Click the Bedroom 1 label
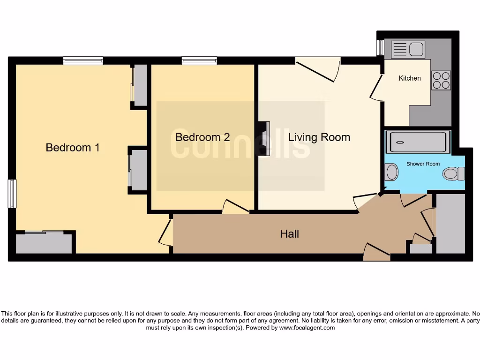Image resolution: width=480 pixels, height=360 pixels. (x=73, y=148)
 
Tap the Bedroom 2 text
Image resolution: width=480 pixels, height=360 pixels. (x=202, y=137)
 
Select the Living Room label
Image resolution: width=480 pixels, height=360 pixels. (x=319, y=137)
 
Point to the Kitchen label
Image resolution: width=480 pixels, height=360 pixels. (x=410, y=78)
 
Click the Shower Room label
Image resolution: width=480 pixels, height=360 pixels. (x=423, y=164)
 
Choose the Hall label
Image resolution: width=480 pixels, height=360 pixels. (x=289, y=233)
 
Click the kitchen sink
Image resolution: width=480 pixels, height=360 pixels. (x=408, y=49)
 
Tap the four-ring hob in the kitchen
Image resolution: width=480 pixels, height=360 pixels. (x=441, y=80)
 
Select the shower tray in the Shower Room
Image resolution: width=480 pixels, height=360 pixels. (x=418, y=142)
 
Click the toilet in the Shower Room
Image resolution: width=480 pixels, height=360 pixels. (x=453, y=174)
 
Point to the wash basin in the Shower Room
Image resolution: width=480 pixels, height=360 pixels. (x=391, y=172)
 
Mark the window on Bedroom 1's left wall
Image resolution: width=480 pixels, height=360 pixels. (x=12, y=193)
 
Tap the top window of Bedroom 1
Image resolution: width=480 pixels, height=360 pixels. (x=83, y=60)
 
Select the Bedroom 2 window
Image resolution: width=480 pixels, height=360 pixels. (x=199, y=60)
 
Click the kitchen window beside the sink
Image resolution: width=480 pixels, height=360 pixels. (x=380, y=47)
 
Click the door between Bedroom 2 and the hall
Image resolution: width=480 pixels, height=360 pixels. (x=236, y=207)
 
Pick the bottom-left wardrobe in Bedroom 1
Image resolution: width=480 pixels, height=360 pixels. (x=44, y=243)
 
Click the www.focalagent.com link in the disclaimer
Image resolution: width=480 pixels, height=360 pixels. (x=307, y=328)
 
